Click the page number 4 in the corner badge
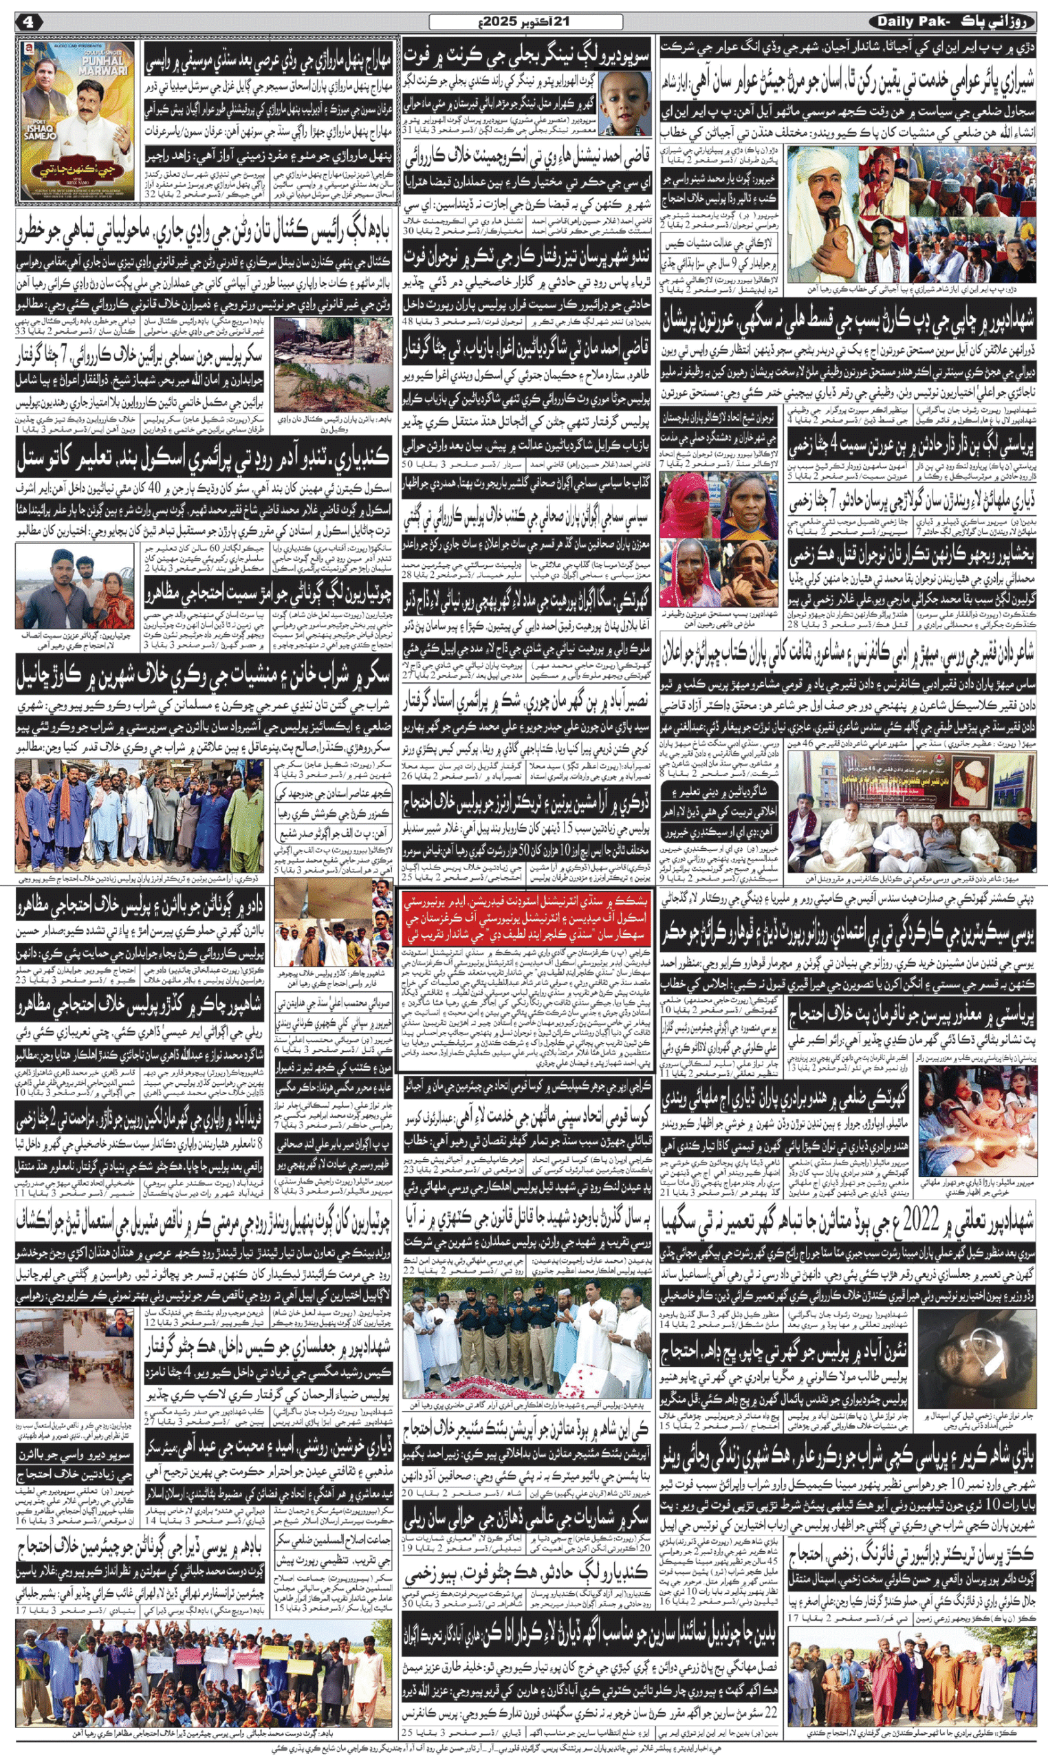pos(28,22)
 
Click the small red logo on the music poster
pos(29,47)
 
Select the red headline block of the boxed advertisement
pos(524,921)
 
